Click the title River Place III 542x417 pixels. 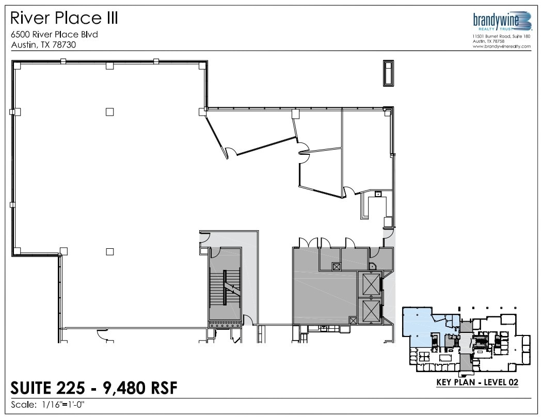coord(65,18)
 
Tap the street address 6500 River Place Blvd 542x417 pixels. coord(54,35)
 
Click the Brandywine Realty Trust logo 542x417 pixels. coord(502,23)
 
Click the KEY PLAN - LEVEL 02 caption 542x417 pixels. coord(477,383)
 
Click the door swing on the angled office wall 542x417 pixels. coord(231,152)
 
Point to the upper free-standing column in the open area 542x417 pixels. coord(109,111)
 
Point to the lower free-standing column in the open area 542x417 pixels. coord(109,251)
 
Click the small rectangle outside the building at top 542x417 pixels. coord(388,72)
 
